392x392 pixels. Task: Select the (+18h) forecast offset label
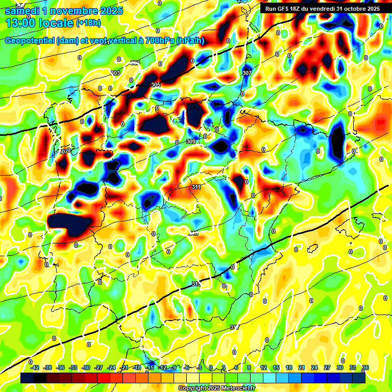click(x=88, y=23)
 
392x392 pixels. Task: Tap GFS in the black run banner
click(x=284, y=9)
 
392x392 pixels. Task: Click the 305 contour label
click(x=156, y=85)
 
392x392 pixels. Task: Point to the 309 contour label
click(x=190, y=141)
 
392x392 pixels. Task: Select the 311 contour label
click(x=196, y=187)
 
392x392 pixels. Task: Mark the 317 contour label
click(x=234, y=327)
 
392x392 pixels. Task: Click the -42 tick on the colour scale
click(x=35, y=367)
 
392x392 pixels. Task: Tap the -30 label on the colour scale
click(x=86, y=367)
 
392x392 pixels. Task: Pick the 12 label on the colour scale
click(x=263, y=367)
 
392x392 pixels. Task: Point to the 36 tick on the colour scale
click(x=365, y=367)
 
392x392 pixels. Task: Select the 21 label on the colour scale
click(x=302, y=367)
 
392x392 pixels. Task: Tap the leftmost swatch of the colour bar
click(x=27, y=378)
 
